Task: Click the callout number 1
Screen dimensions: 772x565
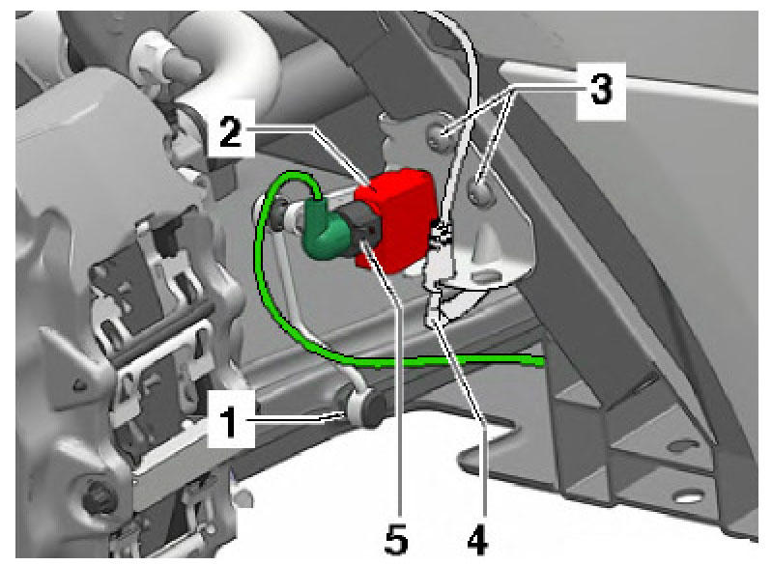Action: (228, 419)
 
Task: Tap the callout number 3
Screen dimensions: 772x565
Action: (601, 90)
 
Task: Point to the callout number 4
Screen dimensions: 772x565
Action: (477, 538)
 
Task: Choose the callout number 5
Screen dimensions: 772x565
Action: (397, 538)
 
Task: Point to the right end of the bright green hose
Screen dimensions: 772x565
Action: (542, 362)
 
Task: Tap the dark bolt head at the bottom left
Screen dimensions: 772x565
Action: (99, 496)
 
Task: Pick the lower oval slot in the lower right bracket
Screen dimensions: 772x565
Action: (689, 497)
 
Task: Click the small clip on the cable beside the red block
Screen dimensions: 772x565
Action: (442, 233)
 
